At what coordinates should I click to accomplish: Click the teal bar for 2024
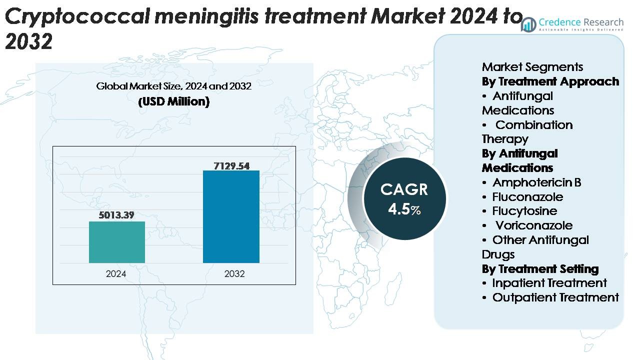117,242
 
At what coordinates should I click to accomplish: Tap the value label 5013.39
117,215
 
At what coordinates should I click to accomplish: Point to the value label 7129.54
231,165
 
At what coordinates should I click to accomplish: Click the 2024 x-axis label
116,274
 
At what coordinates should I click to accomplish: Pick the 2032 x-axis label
234,274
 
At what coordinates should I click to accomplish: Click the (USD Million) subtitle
173,101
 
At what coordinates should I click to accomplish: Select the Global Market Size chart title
173,86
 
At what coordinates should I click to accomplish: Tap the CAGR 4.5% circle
404,199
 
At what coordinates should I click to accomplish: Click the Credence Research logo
573,23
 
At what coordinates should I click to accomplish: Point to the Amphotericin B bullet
536,182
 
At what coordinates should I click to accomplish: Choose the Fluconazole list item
527,197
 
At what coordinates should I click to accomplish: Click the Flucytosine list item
524,211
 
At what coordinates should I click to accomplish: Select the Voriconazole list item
533,225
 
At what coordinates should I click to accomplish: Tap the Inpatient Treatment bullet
549,283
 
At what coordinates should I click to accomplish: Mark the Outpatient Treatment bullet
555,297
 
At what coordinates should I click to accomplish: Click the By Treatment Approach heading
550,81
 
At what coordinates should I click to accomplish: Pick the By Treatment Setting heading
540,269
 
